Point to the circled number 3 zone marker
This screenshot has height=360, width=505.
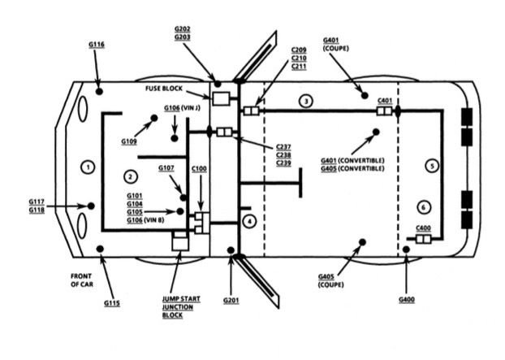(305, 101)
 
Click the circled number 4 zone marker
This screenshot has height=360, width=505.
(250, 220)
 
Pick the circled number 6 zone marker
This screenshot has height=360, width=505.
(423, 206)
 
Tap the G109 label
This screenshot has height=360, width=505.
(130, 141)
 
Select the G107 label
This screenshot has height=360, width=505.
(166, 168)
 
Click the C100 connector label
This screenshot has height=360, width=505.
(199, 168)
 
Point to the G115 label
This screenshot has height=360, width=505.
(112, 303)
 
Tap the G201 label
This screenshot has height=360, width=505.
(232, 301)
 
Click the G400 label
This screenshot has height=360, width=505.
(407, 301)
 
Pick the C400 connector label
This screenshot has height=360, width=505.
(423, 228)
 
